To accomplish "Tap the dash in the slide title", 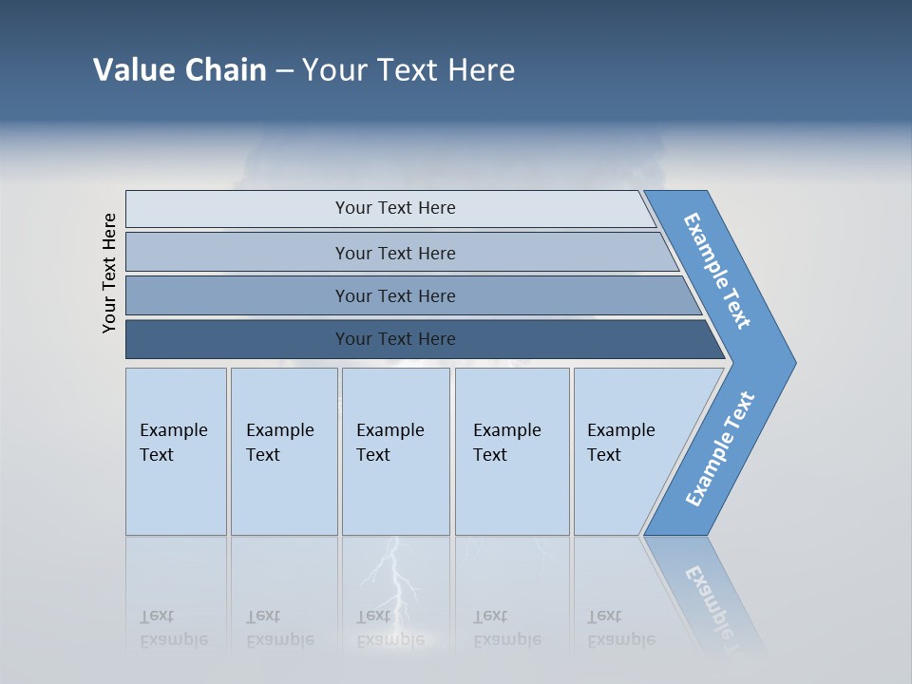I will click(x=284, y=71).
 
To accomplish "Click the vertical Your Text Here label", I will click(x=109, y=273).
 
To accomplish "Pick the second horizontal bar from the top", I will click(x=394, y=253).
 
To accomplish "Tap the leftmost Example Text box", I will click(x=176, y=450).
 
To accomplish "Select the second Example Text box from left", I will click(x=283, y=450).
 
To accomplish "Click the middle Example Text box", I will click(x=395, y=450).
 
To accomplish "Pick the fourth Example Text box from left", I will click(x=511, y=450).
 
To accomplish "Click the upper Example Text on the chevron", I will click(x=717, y=271).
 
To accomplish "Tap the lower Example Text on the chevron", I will click(x=720, y=448).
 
